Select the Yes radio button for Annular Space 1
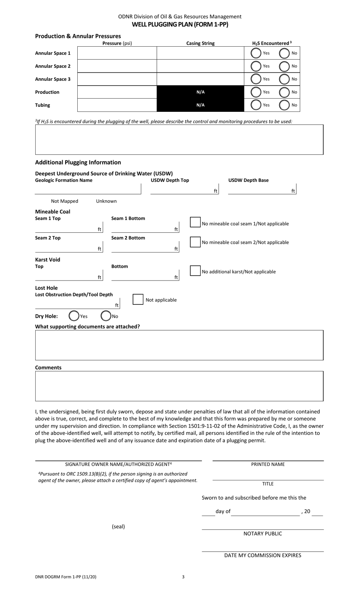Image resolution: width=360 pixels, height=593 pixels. pos(256,53)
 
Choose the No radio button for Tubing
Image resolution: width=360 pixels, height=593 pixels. pos(284,105)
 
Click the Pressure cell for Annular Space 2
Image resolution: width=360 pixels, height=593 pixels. pos(117,66)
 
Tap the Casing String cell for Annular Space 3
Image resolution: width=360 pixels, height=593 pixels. pos(200,79)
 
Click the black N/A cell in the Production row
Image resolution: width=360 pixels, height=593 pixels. pos(200,92)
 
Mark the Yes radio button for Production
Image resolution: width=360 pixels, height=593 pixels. pos(256,92)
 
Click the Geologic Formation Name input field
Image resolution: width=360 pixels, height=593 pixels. pos(88,189)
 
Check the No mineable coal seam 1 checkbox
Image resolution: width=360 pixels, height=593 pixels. pos(195,223)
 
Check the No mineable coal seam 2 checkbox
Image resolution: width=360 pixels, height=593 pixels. pos(195,242)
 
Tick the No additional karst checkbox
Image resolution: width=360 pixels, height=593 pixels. pos(195,271)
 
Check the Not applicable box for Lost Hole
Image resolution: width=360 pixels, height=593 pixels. pos(138,299)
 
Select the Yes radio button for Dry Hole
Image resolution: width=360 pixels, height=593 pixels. pos(74,316)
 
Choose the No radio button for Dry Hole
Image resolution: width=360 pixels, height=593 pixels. pos(106,316)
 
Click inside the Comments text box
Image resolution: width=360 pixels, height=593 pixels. pos(179,386)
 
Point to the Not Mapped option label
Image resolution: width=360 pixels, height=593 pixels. pos(64,201)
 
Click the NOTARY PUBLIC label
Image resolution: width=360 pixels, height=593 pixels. pos(263,534)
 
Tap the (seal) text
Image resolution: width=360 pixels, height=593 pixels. pos(118,527)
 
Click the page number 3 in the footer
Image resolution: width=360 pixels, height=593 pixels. pos(183,577)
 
